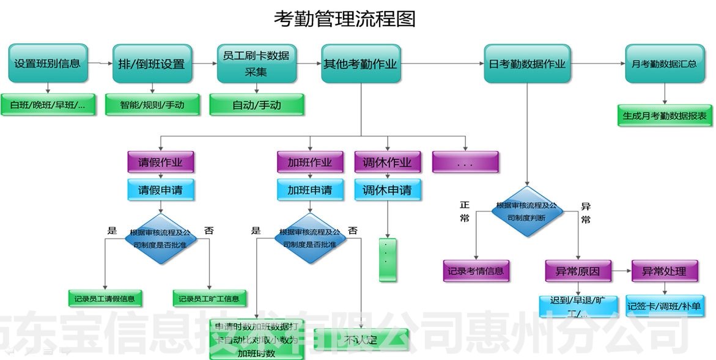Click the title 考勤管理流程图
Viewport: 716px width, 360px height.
pos(344,19)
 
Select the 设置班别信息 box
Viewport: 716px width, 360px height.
pos(48,63)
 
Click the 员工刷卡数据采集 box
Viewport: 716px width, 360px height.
pos(257,63)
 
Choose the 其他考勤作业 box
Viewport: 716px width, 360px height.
pos(361,64)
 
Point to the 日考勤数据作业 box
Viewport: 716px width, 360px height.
pos(527,64)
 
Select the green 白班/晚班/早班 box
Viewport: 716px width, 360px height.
pos(48,105)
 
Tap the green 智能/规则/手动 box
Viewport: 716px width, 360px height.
pos(152,105)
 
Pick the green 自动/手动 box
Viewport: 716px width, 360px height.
pos(257,105)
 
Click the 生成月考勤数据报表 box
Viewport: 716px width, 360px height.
pos(665,115)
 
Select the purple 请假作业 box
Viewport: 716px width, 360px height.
pos(160,163)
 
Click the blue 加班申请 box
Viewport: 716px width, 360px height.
pos(310,189)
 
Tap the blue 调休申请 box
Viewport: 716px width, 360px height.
pos(388,189)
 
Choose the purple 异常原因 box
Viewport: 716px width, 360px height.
pos(578,271)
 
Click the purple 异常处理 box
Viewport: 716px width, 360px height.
pos(664,271)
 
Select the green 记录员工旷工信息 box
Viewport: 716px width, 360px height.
pos(209,298)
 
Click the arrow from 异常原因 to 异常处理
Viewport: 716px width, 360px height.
pos(621,271)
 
